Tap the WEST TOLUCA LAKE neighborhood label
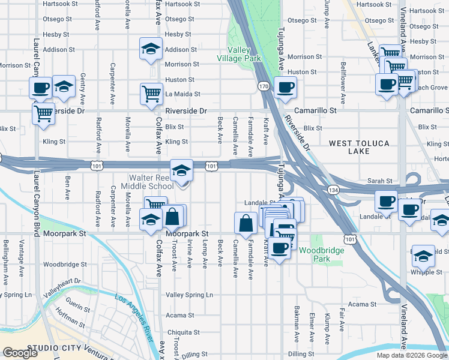tap(359, 148)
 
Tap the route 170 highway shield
tap(264, 87)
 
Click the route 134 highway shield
tap(332, 190)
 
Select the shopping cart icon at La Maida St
tap(151, 94)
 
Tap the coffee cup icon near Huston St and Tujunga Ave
tap(285, 88)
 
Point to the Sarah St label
tap(380, 181)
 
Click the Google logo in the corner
tap(20, 353)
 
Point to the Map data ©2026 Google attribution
tap(412, 355)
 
